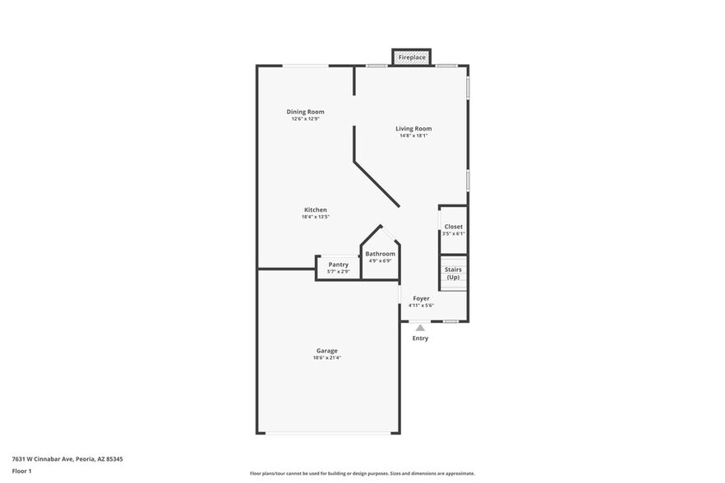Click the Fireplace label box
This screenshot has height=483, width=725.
point(412,57)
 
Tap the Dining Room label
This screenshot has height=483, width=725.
point(305,112)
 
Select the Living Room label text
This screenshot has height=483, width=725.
point(413,128)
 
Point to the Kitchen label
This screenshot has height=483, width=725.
point(316,210)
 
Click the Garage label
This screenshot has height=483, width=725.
point(326,351)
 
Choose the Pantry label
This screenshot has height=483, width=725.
point(339,264)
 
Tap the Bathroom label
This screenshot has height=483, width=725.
point(380,254)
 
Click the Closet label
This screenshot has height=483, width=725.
point(453,227)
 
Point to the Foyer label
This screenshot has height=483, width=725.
point(421,298)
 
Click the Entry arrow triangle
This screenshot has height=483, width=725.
point(420,327)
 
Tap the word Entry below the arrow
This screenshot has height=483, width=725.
point(420,338)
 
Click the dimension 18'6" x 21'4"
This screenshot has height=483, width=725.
point(326,358)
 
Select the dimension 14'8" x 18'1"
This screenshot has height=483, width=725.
point(413,136)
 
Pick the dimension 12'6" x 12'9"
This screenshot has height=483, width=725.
point(305,119)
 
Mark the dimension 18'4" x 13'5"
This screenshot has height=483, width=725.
point(316,218)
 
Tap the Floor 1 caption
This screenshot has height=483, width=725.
point(21,471)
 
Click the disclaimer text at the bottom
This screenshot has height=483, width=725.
point(362,473)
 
